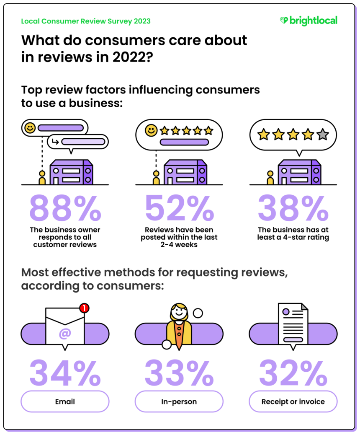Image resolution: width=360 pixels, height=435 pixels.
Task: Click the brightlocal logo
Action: [x=308, y=21]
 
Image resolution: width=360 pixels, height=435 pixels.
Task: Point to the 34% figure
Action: [x=65, y=372]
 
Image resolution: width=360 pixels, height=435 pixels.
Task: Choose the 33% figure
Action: [x=179, y=372]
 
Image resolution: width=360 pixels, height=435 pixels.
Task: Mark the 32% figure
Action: [x=293, y=372]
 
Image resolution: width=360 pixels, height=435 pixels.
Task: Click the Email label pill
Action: [x=65, y=401]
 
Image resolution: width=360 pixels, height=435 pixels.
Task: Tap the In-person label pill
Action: [x=179, y=401]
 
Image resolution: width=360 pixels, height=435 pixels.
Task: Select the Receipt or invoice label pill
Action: [x=293, y=401]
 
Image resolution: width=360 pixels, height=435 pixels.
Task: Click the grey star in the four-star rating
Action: [x=323, y=135]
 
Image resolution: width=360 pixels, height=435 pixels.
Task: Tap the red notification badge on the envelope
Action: [x=85, y=308]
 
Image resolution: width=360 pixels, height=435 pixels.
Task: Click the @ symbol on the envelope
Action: [x=65, y=334]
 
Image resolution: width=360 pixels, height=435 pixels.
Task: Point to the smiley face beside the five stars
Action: [x=151, y=131]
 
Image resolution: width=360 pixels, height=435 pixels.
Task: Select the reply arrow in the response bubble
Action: [x=54, y=142]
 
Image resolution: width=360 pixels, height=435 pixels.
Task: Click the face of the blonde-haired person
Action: [x=179, y=312]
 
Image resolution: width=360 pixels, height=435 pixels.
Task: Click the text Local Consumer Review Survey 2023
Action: [x=86, y=21]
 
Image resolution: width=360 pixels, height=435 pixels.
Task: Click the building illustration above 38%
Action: [x=299, y=172]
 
